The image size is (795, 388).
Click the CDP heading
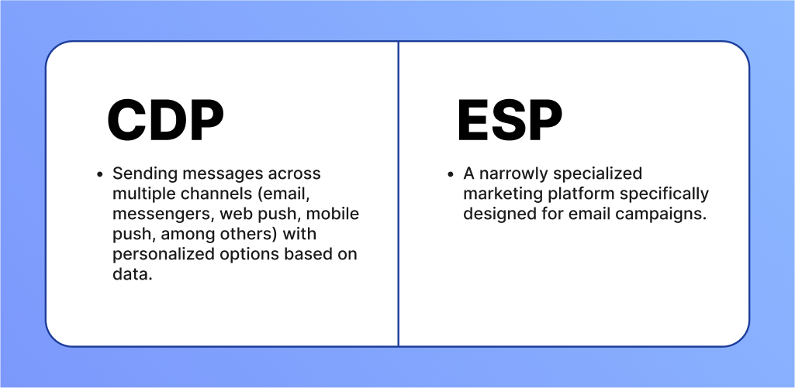165,121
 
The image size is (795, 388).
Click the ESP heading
510,121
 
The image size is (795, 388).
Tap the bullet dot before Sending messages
99,174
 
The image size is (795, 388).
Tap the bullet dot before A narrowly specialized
450,174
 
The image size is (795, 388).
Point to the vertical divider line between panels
398,194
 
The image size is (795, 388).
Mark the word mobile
333,214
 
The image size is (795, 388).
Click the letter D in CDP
165,121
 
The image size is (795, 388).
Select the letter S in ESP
508,121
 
